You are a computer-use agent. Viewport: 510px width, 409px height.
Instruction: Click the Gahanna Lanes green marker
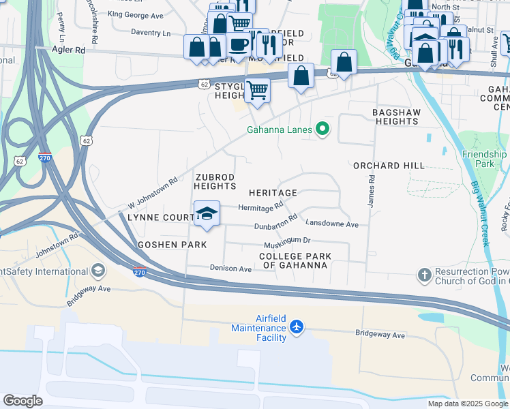click(323, 129)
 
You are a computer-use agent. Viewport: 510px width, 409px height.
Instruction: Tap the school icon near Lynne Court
click(207, 214)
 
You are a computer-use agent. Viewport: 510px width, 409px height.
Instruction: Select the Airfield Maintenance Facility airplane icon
click(296, 327)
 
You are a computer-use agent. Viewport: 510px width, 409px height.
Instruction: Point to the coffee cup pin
click(238, 44)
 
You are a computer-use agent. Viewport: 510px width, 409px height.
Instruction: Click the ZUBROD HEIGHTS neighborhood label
click(215, 181)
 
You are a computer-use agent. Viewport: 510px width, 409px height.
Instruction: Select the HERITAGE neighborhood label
click(273, 193)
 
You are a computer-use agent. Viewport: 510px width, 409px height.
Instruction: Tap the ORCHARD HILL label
click(389, 166)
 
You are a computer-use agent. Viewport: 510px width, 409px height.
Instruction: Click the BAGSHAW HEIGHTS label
click(396, 117)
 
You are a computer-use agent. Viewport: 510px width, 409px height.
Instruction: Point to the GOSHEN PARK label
click(162, 244)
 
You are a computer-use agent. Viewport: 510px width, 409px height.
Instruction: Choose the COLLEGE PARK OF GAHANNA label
click(295, 260)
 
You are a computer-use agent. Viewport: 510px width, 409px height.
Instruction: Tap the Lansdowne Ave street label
click(331, 224)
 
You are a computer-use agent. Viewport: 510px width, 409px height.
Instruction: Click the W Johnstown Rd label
click(153, 193)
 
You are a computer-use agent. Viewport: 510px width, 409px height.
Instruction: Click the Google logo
click(22, 401)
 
